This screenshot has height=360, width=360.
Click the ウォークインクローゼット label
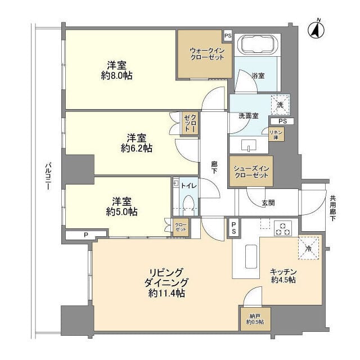205,53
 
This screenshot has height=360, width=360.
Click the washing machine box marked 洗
280,105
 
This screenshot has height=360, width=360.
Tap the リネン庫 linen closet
276,134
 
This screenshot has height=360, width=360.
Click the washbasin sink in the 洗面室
249,145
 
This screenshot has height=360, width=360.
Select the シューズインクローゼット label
251,172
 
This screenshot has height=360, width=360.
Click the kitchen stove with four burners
283,229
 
